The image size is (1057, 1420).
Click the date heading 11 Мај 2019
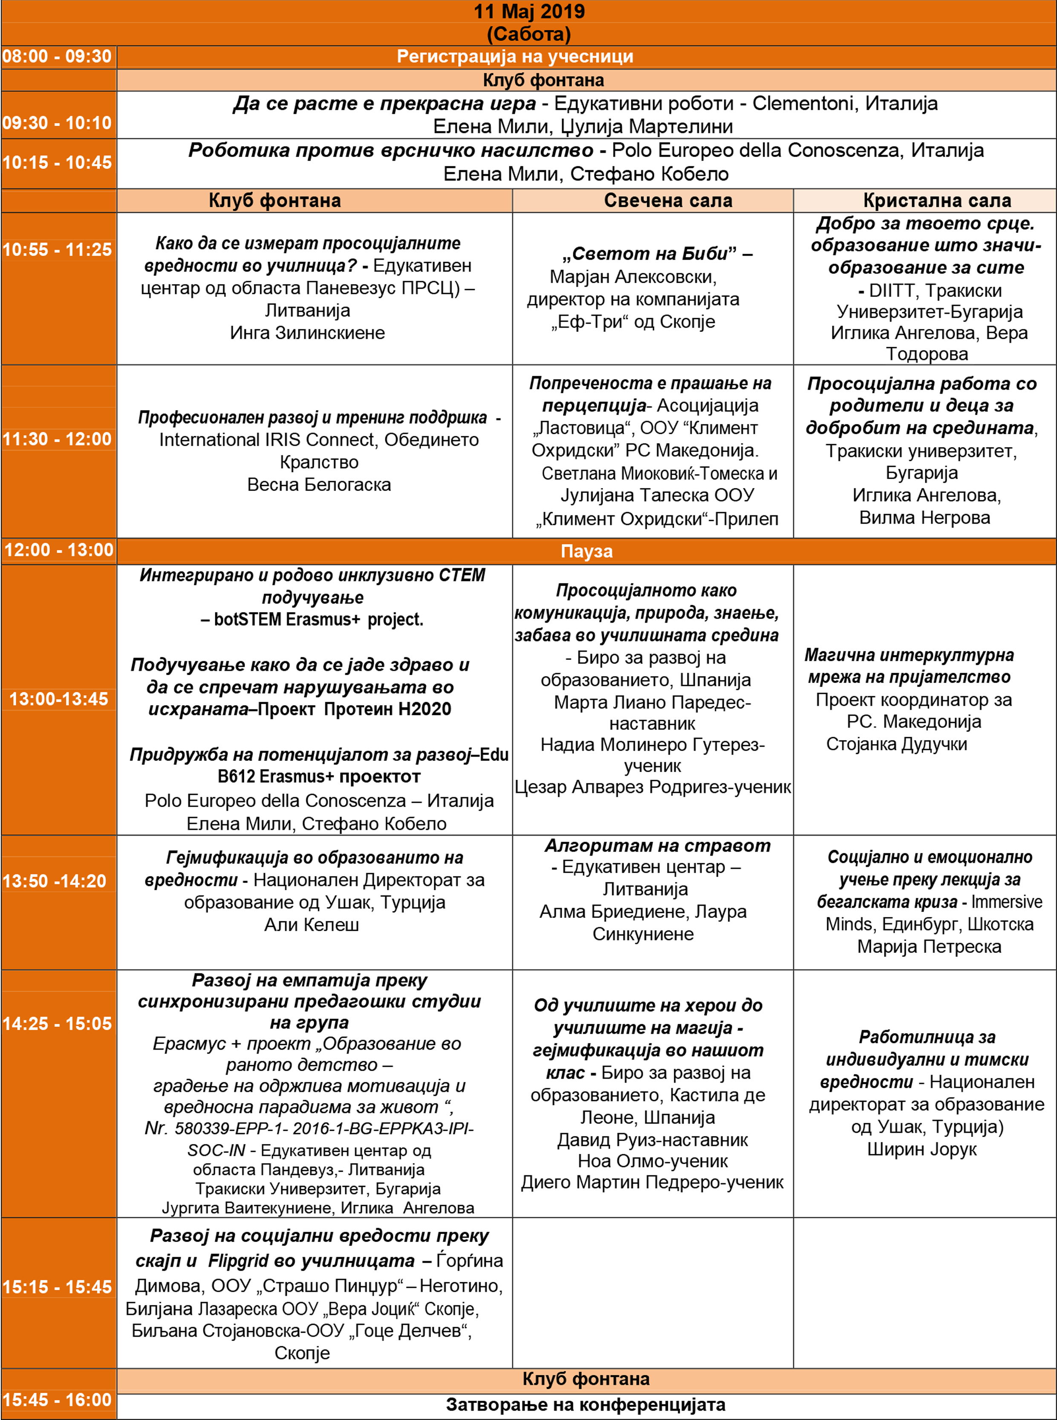(528, 12)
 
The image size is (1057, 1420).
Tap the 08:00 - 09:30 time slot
(57, 56)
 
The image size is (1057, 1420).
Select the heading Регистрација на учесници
(514, 56)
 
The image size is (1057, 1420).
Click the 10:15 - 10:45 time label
(57, 163)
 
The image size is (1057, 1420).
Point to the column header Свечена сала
(668, 200)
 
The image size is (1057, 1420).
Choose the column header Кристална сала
(937, 200)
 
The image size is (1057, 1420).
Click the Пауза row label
(586, 551)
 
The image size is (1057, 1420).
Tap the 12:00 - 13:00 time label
(58, 550)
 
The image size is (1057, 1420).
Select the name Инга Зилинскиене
(307, 333)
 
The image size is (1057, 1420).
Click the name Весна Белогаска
(319, 485)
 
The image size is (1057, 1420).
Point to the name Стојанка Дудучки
(896, 744)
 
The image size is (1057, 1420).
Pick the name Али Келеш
(312, 924)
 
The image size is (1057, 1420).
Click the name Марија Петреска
(929, 946)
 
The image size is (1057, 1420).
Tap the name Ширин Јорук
(921, 1149)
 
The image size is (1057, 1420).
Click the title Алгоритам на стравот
(657, 846)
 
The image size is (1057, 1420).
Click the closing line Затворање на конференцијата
(586, 1405)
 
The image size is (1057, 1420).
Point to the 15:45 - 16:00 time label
(57, 1400)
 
